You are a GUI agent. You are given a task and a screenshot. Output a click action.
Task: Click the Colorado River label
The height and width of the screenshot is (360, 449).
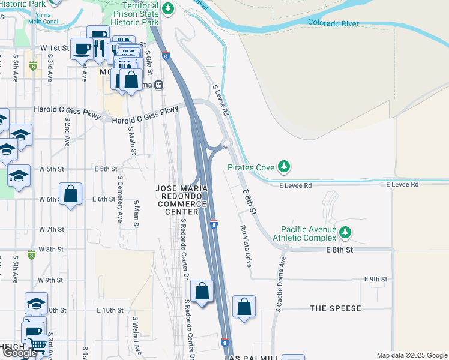pyautogui.click(x=333, y=23)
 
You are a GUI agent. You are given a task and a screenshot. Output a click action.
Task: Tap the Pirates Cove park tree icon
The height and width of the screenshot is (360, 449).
pyautogui.click(x=286, y=167)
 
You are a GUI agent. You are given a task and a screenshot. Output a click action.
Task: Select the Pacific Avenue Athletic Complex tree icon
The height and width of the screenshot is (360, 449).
pyautogui.click(x=345, y=232)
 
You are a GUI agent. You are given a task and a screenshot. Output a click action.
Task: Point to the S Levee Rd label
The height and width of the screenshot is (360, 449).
pyautogui.click(x=221, y=100)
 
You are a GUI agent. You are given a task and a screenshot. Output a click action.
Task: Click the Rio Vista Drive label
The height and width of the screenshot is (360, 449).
pyautogui.click(x=245, y=245)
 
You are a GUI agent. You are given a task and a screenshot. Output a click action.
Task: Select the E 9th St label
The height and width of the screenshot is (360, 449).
pyautogui.click(x=376, y=279)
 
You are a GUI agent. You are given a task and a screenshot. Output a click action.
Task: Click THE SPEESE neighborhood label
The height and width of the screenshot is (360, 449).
pyautogui.click(x=336, y=308)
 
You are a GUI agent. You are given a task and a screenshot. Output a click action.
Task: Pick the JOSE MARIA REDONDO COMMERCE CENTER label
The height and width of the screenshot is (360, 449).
pyautogui.click(x=181, y=200)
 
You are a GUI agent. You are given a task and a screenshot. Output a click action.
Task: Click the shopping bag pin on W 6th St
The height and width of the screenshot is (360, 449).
pyautogui.click(x=71, y=194)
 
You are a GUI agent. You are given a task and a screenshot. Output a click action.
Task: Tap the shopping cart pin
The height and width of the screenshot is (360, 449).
pyautogui.click(x=38, y=344)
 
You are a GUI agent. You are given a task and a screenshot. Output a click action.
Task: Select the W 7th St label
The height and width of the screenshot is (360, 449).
pyautogui.click(x=51, y=229)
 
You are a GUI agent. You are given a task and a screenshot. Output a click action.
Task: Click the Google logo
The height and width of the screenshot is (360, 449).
pyautogui.click(x=20, y=353)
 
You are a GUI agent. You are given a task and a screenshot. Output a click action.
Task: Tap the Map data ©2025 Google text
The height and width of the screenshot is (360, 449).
pyautogui.click(x=411, y=355)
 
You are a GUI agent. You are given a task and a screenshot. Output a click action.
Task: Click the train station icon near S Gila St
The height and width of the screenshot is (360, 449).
pyautogui.click(x=158, y=85)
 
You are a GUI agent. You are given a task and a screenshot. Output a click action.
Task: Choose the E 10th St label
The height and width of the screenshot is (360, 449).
pyautogui.click(x=109, y=310)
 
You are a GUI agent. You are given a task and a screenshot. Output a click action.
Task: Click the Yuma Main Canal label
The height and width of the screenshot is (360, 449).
pyautogui.click(x=43, y=18)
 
